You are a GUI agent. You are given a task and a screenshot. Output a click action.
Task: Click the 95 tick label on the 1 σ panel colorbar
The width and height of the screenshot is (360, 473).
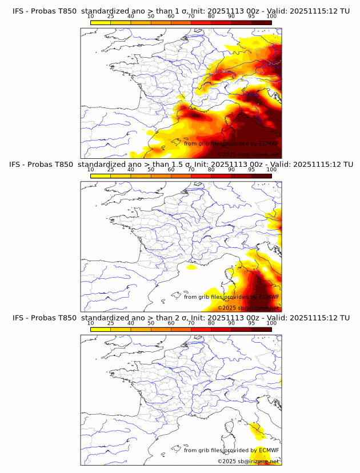click(x=251, y=16)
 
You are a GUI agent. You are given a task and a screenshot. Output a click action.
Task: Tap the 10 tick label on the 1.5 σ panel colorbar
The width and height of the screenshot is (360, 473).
click(x=90, y=170)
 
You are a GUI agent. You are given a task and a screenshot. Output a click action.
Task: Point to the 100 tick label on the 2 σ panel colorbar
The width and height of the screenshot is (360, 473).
click(x=271, y=323)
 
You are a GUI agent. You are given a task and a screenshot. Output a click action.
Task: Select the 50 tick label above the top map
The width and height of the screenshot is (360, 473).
click(x=151, y=16)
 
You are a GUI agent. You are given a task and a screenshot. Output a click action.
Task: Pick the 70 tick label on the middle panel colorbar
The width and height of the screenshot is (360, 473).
click(x=191, y=170)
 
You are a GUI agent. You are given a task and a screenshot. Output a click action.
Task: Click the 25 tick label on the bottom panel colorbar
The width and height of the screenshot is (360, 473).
click(x=110, y=323)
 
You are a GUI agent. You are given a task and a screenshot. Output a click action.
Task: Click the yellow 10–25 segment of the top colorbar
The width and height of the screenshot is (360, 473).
click(x=101, y=22)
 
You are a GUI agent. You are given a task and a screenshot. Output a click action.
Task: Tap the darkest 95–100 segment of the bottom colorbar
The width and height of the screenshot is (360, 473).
click(x=261, y=329)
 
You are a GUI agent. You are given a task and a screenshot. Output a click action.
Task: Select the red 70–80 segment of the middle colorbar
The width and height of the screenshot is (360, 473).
click(x=201, y=176)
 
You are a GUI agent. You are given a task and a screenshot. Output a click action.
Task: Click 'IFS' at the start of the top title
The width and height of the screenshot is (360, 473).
click(x=19, y=11)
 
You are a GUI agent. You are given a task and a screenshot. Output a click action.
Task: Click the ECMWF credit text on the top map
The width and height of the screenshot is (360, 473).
click(x=231, y=143)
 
